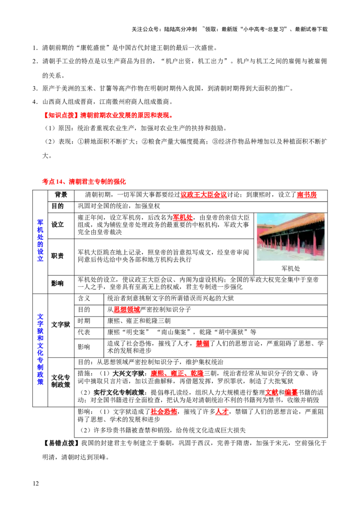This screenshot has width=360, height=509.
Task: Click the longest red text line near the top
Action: click(108, 116)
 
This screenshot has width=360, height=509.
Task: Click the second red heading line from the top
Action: click(84, 182)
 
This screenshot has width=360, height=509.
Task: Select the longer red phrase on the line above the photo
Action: click(203, 195)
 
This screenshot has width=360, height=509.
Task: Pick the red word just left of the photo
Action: click(183, 219)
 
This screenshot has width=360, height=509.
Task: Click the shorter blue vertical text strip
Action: click(40, 240)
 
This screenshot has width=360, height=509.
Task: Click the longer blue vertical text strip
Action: click(40, 349)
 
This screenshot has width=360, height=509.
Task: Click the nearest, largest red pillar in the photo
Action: click(315, 245)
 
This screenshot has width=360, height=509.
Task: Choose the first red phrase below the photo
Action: click(126, 310)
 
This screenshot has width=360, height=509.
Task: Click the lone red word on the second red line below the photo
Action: click(203, 344)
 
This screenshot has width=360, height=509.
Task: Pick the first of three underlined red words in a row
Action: click(157, 374)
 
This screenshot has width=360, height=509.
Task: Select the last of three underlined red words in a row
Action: click(198, 374)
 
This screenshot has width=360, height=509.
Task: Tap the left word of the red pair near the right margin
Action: click(270, 393)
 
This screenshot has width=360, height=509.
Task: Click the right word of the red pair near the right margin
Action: click(292, 393)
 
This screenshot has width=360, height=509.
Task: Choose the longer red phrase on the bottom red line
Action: click(164, 412)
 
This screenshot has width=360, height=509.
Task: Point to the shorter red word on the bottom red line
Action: click(221, 412)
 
